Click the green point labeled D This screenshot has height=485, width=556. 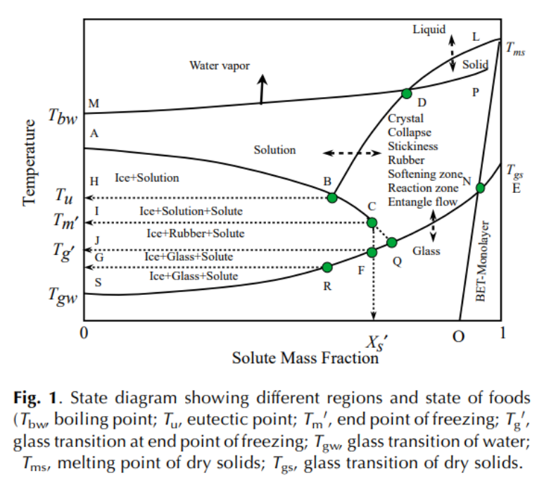click(406, 93)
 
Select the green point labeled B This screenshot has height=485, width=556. click(332, 198)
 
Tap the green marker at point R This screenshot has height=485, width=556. click(327, 267)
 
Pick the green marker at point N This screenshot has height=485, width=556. click(480, 187)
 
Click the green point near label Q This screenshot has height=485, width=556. click(392, 243)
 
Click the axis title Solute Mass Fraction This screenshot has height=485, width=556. click(305, 358)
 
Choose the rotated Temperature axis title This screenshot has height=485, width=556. click(29, 162)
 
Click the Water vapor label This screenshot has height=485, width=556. click(220, 65)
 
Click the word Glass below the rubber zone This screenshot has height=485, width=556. click(427, 251)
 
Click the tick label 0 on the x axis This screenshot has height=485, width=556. click(84, 334)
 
